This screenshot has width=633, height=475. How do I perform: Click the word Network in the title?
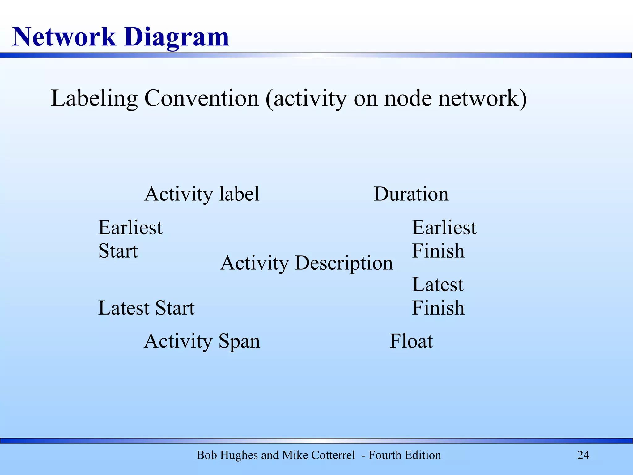pyautogui.click(x=64, y=37)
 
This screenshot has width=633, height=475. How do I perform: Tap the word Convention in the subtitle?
pyautogui.click(x=202, y=98)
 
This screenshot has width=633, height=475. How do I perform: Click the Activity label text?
pyautogui.click(x=202, y=194)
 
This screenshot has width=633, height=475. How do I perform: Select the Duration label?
pyautogui.click(x=411, y=194)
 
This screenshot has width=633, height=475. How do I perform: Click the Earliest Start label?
pyautogui.click(x=130, y=239)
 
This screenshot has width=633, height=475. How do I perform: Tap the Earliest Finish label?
pyautogui.click(x=444, y=239)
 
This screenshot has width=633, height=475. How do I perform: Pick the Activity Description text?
pyautogui.click(x=306, y=263)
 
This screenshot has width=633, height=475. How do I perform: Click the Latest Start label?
pyautogui.click(x=146, y=308)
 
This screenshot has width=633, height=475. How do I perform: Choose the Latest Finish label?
pyautogui.click(x=438, y=296)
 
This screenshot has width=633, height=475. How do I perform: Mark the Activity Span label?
pyautogui.click(x=202, y=341)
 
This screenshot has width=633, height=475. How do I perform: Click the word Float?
pyautogui.click(x=411, y=341)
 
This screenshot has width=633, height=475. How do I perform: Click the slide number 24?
pyautogui.click(x=583, y=455)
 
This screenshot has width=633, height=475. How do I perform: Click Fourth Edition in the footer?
pyautogui.click(x=405, y=455)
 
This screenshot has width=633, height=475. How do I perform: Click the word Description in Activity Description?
pyautogui.click(x=344, y=263)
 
